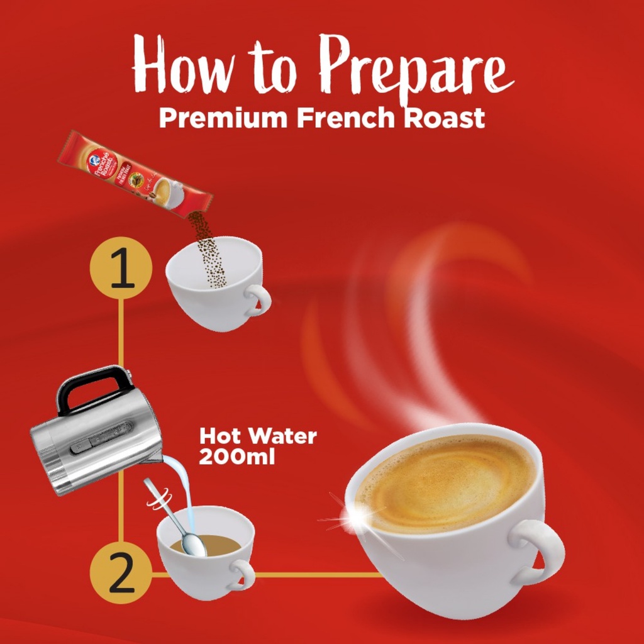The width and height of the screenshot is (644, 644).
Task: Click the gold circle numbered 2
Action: point(121,573)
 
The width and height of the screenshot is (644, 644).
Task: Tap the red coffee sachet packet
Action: point(135,174)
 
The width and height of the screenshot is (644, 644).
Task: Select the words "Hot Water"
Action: point(257,436)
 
